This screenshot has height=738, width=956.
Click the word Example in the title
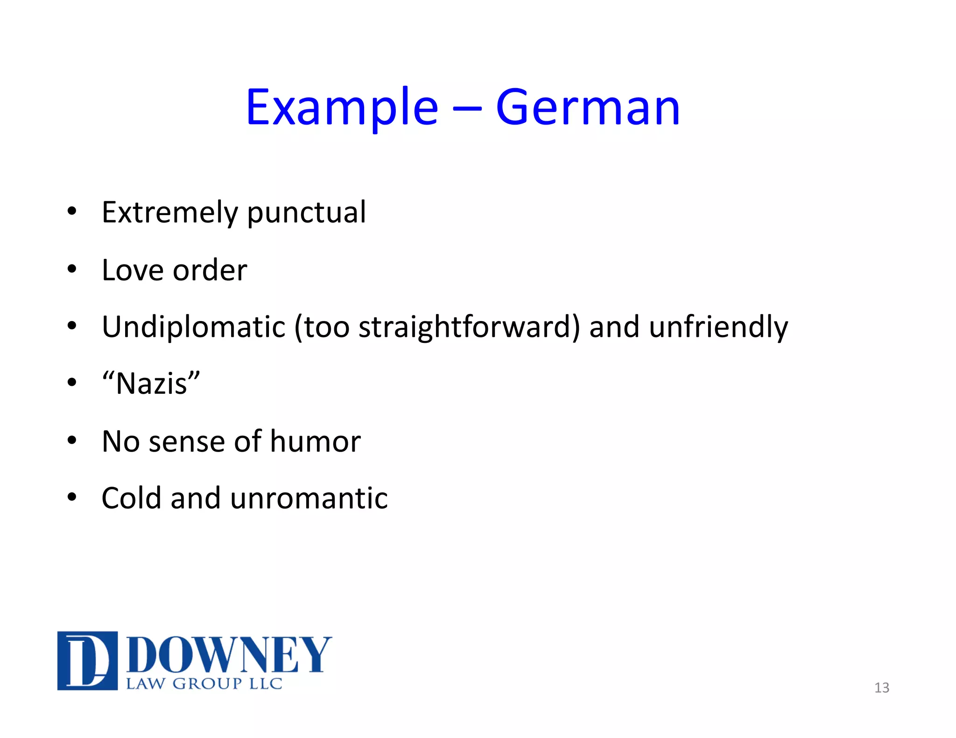point(342,108)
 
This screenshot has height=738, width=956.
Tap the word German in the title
point(588,108)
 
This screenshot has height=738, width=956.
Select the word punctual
point(306,213)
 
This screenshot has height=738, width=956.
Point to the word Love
point(133,270)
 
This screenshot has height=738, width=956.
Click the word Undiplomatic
point(193,327)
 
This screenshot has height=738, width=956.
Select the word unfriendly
point(718,327)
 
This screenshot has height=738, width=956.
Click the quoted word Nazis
point(151,384)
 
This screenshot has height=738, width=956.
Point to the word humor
point(315,441)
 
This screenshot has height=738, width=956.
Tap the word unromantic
point(309,498)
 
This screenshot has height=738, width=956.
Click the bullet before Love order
point(71,269)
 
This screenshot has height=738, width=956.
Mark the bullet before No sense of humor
point(71,440)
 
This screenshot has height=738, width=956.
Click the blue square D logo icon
point(87,661)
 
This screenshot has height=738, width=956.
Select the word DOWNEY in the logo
point(229,655)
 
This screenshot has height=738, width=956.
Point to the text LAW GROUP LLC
point(204,684)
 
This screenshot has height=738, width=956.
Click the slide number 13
point(881,688)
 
